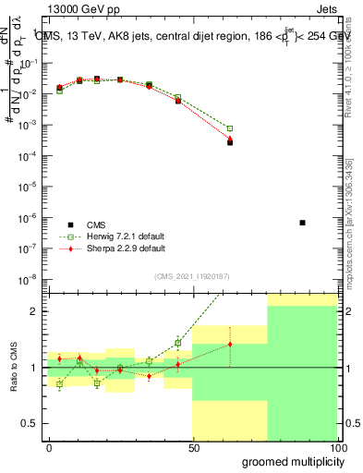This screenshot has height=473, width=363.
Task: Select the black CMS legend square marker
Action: (70, 224)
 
